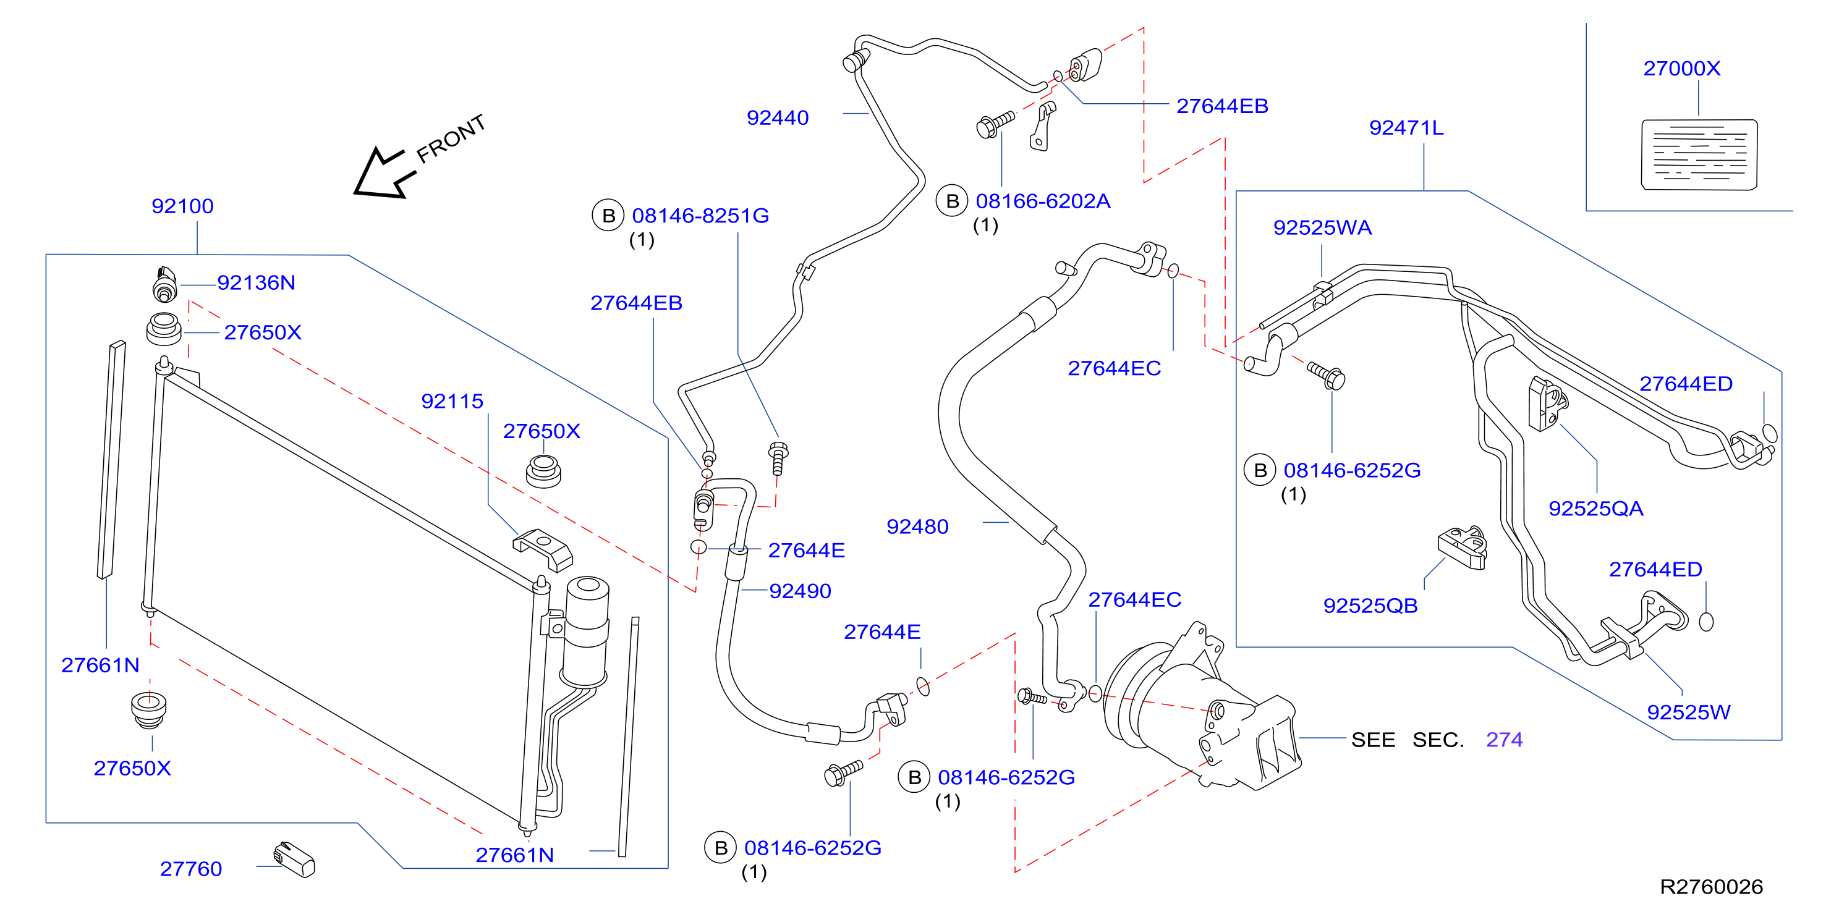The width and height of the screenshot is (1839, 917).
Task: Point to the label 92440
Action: tap(778, 118)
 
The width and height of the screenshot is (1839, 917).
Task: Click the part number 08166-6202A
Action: tap(1043, 201)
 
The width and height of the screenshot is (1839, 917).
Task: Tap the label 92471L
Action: tap(1406, 128)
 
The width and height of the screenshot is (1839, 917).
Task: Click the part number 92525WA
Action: tap(1322, 227)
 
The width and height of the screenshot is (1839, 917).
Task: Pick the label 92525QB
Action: tap(1370, 606)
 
